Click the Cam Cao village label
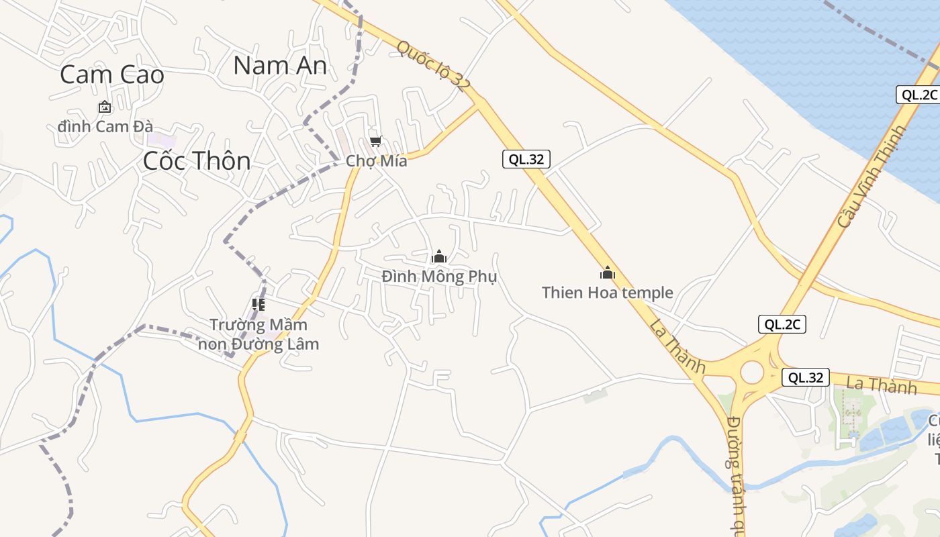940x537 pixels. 112,75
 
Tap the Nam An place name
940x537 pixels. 280,65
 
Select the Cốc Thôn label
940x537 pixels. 197,161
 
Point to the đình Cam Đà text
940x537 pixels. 105,126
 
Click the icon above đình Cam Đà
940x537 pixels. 105,107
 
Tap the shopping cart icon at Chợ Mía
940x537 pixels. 376,141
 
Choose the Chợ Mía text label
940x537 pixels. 376,161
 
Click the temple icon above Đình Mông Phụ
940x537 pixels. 439,256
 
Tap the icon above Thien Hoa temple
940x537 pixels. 607,273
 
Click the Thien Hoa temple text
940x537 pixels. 607,293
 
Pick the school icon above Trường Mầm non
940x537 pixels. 258,305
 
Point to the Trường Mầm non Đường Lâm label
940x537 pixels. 258,334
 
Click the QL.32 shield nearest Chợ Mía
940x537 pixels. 526,159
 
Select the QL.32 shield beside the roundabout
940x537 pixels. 806,377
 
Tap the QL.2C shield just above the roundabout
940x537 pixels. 782,324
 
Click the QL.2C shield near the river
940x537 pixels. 919,95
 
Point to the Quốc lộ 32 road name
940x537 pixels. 433,65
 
